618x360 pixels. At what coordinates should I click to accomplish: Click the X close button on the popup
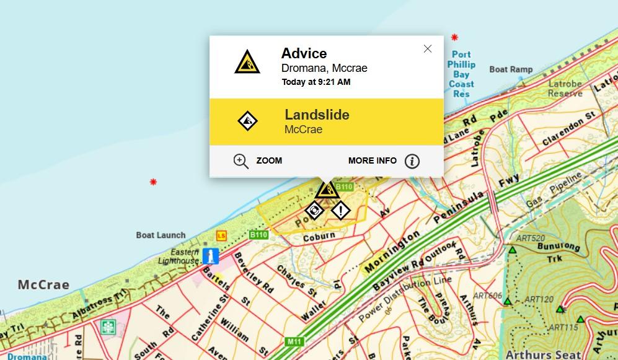click(x=427, y=49)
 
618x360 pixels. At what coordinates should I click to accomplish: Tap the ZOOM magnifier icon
click(x=241, y=161)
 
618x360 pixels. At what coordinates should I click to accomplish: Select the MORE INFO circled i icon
click(x=412, y=161)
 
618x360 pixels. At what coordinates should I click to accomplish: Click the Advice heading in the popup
click(x=304, y=53)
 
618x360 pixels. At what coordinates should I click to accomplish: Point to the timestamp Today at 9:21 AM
click(x=316, y=82)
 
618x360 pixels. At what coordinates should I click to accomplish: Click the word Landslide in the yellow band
click(x=317, y=115)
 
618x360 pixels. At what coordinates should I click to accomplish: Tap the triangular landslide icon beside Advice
click(x=247, y=61)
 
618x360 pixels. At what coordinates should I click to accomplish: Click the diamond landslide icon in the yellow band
click(x=248, y=121)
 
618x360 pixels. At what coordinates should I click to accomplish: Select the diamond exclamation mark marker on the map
click(x=340, y=211)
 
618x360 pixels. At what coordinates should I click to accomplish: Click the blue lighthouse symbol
click(x=212, y=256)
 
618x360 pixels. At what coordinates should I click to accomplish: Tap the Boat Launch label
click(x=161, y=235)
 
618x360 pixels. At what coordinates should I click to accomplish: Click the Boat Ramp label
click(x=511, y=69)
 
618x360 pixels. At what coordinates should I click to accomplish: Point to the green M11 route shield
click(x=294, y=341)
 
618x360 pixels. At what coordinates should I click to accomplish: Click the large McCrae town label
click(x=43, y=285)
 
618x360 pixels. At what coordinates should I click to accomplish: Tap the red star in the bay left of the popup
click(x=153, y=182)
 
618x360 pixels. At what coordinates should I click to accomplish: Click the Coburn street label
click(x=319, y=237)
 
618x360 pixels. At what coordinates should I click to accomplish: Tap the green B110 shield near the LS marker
click(x=258, y=235)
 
